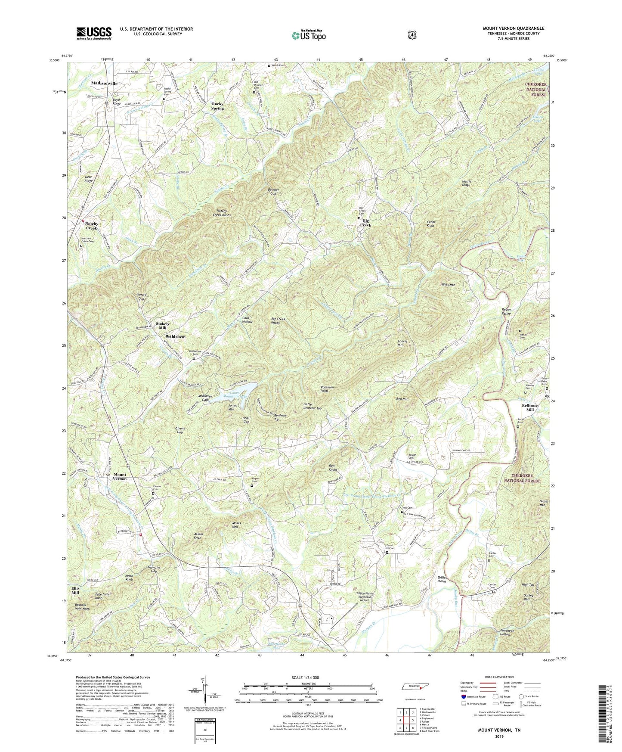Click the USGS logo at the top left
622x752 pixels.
(94, 33)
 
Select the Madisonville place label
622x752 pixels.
(104, 83)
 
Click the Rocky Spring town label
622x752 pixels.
(217, 106)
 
